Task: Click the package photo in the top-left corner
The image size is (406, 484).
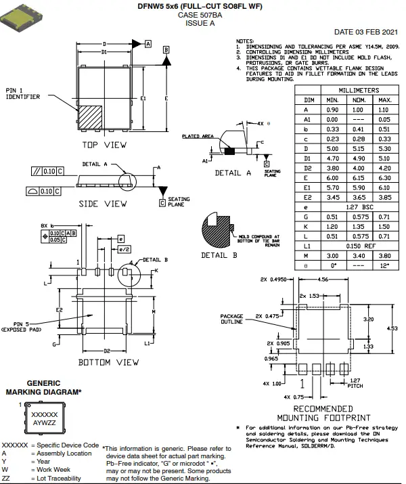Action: (x=21, y=16)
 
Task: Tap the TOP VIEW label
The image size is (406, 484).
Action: (x=104, y=145)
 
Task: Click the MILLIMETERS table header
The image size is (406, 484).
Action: (x=358, y=89)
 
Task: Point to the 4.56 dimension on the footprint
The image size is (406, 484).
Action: (x=323, y=279)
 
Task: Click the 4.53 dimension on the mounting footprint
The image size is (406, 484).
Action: (x=392, y=328)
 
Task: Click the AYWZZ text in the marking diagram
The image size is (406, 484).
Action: (x=45, y=422)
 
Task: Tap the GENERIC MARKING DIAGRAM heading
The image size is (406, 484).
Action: (x=43, y=387)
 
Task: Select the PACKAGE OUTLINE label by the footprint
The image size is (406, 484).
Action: (x=231, y=319)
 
